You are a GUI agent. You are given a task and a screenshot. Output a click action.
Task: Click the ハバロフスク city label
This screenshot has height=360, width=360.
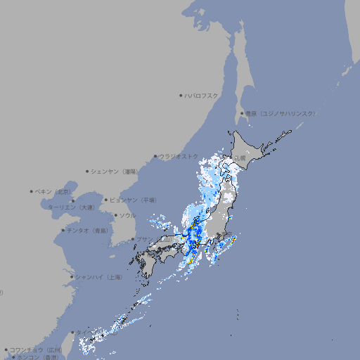[202, 95]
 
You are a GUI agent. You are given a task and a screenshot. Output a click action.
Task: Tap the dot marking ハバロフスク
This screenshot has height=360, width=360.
[181, 95]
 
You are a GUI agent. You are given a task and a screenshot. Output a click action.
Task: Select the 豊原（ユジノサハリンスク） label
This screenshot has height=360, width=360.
[280, 113]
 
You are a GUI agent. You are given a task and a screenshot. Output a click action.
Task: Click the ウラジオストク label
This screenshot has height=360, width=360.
[179, 157]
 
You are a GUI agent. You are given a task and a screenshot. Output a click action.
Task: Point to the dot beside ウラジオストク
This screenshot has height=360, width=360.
[155, 157]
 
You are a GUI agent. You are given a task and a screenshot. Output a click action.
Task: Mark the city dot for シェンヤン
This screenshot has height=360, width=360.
[87, 171]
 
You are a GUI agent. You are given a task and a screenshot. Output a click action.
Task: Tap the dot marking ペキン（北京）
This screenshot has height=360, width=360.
[32, 191]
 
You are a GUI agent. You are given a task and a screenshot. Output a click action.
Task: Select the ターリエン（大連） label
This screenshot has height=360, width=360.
[71, 207]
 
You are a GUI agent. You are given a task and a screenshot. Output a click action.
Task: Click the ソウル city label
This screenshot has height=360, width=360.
[127, 215]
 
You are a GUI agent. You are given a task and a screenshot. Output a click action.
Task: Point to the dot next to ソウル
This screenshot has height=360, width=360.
[114, 215]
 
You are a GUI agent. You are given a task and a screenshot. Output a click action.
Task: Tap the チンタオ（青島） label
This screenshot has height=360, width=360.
[88, 230]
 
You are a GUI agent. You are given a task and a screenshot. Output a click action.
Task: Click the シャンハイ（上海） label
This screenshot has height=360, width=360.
[99, 277]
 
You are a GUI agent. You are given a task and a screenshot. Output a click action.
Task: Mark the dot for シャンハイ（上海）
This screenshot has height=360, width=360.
[71, 277]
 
